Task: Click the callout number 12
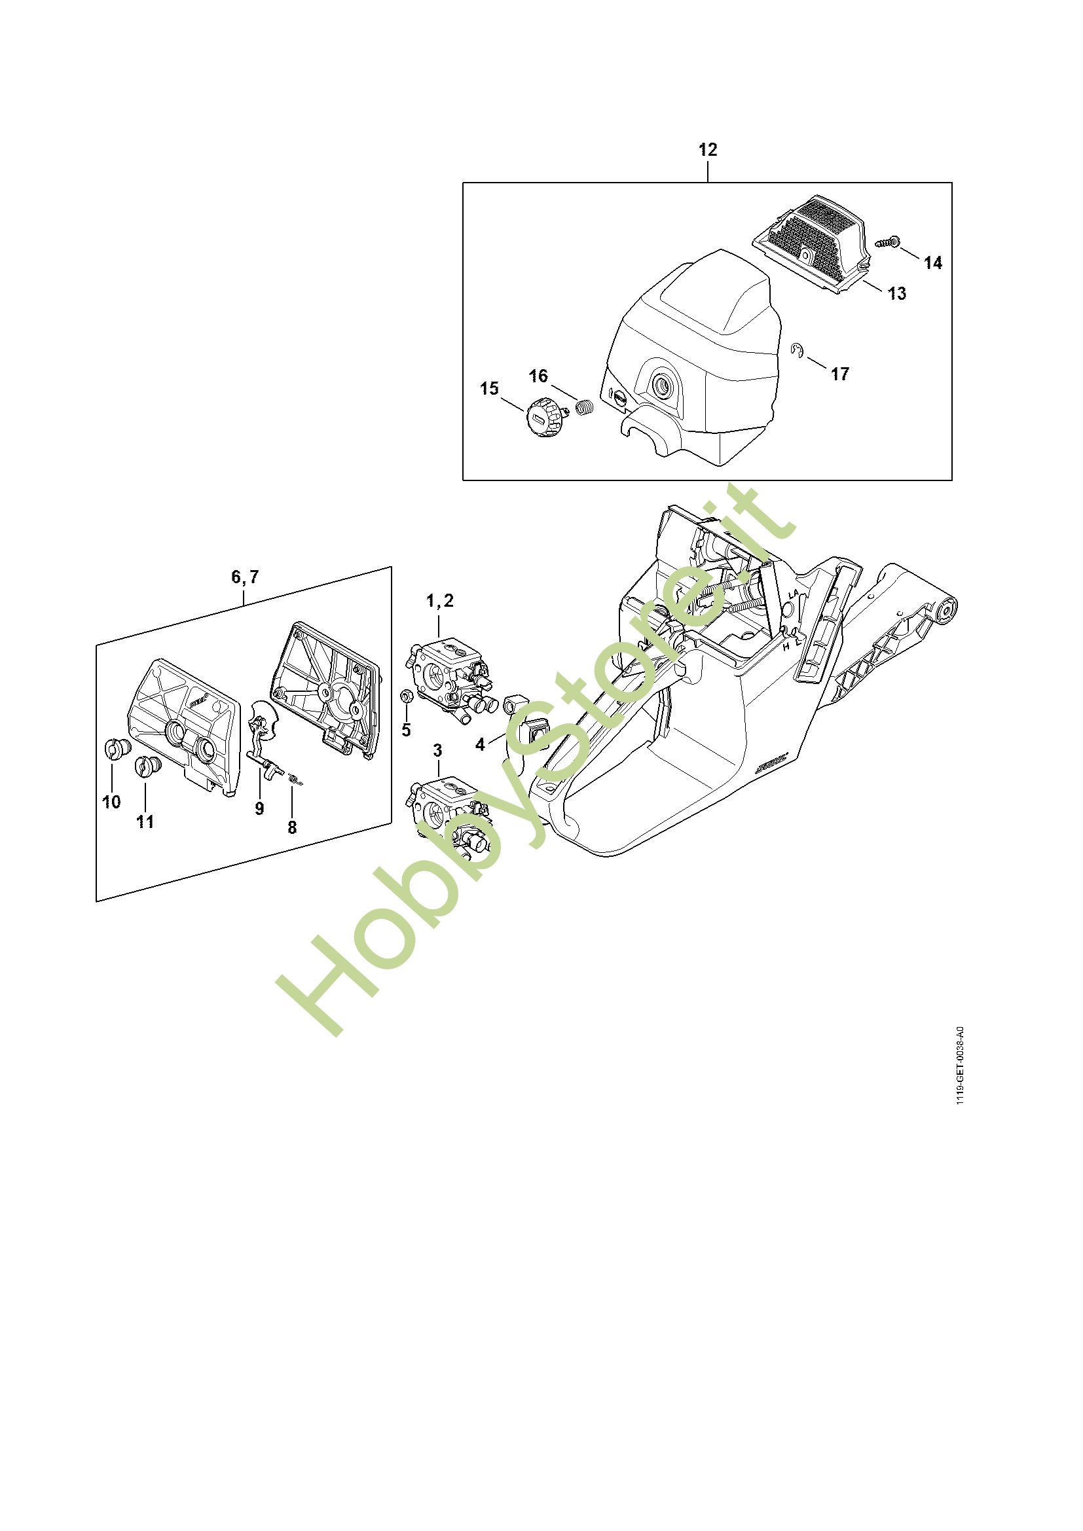[x=708, y=150]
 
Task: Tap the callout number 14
[x=933, y=263]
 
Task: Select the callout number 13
[x=898, y=293]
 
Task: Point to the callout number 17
[x=840, y=374]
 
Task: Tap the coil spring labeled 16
[x=585, y=406]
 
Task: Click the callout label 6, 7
[x=245, y=577]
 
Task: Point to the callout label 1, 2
[x=439, y=601]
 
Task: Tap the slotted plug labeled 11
[x=146, y=768]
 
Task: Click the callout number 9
[x=259, y=808]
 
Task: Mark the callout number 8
[x=292, y=827]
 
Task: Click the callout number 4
[x=480, y=745]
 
